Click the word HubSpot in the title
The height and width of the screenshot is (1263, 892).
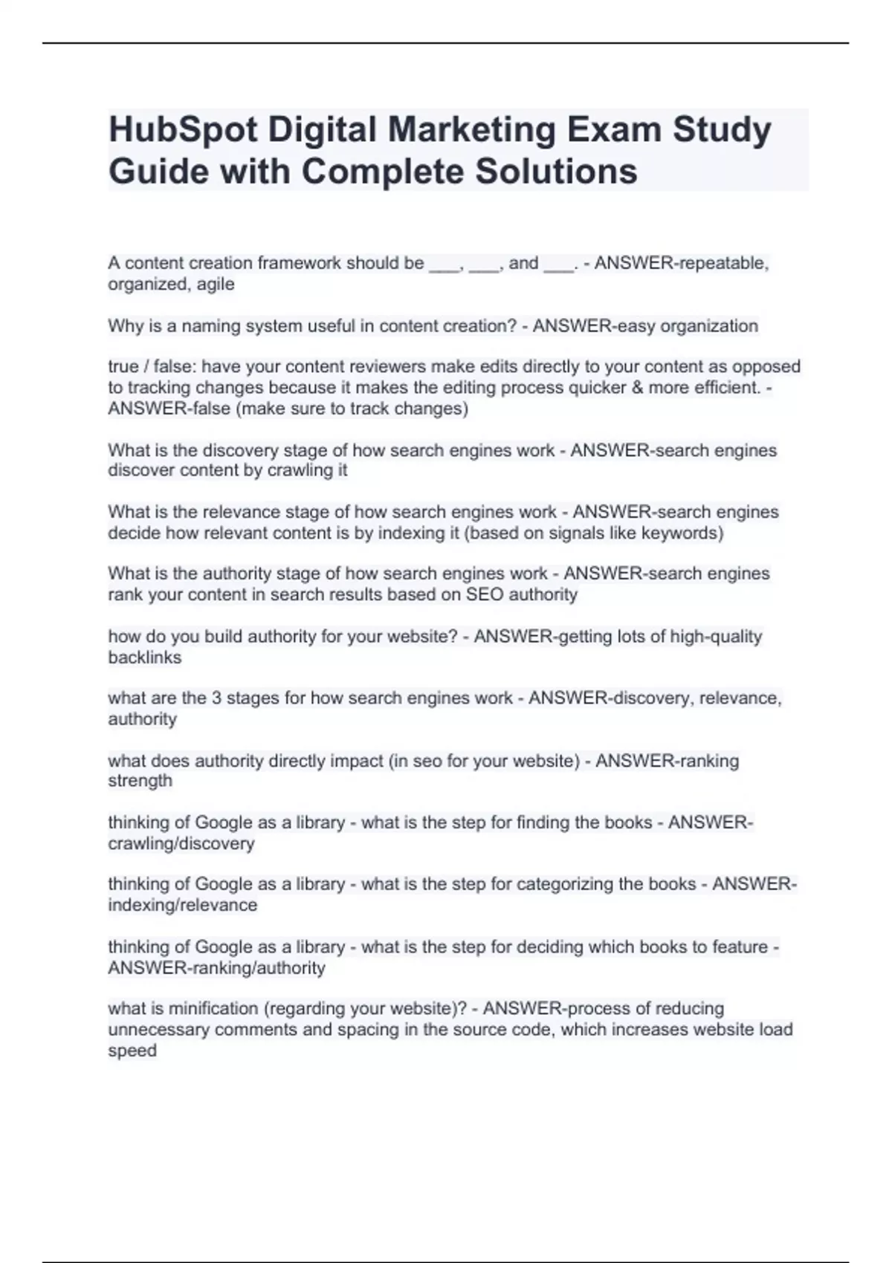[183, 130]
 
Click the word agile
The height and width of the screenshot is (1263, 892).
[216, 285]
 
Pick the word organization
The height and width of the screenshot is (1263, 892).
[711, 326]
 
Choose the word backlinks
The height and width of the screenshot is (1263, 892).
[145, 658]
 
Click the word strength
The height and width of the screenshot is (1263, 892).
[140, 781]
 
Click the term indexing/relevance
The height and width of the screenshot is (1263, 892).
[183, 906]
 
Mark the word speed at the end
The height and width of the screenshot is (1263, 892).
[132, 1051]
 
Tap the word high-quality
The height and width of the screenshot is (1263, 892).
[716, 637]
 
